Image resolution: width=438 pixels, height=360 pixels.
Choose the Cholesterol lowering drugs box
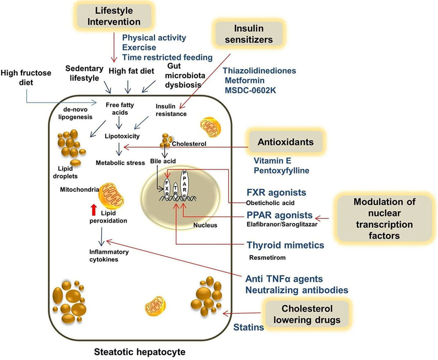[x=307, y=314]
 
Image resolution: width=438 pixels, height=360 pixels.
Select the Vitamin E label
[x=271, y=161]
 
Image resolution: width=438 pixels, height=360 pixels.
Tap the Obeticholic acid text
[x=269, y=203]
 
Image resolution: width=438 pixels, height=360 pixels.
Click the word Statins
[x=248, y=327]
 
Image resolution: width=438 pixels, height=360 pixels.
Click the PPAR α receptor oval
[x=185, y=182]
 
